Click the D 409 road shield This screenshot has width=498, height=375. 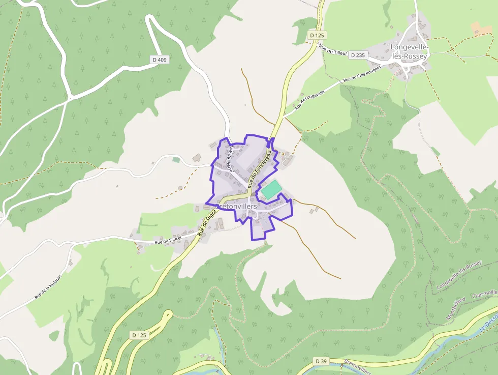160,60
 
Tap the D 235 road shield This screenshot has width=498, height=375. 358,55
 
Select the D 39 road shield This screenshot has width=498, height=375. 320,361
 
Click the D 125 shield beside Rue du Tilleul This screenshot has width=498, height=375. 317,35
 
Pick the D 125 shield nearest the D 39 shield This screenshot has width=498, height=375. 139,335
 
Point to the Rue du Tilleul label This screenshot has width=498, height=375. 332,50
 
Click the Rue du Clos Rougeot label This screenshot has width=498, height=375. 362,74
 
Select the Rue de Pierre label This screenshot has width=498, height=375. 230,158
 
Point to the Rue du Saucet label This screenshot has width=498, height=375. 169,241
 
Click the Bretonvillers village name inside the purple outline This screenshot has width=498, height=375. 236,207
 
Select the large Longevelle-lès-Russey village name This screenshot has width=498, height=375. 410,51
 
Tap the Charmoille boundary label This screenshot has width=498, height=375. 484,294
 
